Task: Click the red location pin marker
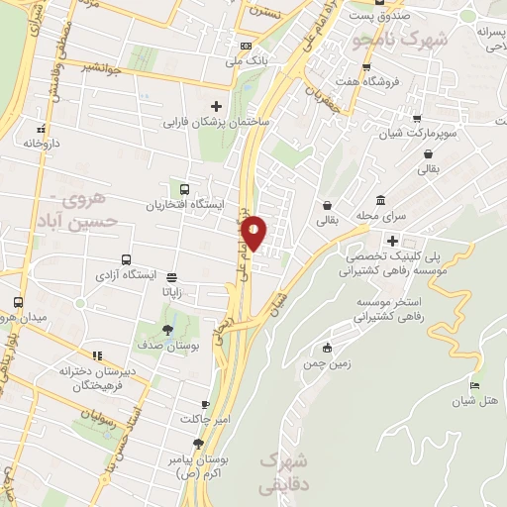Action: point(253,232)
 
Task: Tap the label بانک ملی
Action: point(248,60)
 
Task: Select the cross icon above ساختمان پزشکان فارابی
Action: point(216,106)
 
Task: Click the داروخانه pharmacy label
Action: point(42,144)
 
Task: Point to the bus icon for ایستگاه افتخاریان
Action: point(184,189)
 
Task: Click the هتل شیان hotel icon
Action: point(475,385)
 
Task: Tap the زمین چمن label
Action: point(329,362)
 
